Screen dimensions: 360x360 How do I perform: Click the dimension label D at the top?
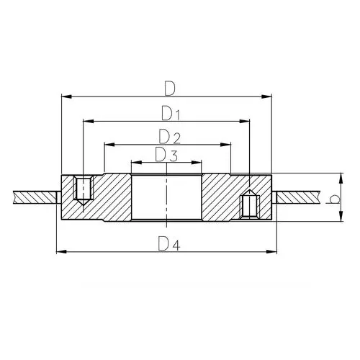coord(170,89)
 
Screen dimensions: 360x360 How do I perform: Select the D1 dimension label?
coord(171,113)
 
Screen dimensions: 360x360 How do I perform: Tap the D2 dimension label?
coord(169,136)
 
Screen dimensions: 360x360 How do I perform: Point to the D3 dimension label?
coord(166,155)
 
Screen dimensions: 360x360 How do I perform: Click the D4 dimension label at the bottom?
coord(169,243)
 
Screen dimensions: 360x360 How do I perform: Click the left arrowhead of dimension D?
coord(66,96)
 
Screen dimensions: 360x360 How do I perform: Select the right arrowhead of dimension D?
coord(266,96)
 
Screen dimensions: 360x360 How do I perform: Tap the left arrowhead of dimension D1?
coord(88,121)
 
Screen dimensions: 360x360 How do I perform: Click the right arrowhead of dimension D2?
coord(225,145)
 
